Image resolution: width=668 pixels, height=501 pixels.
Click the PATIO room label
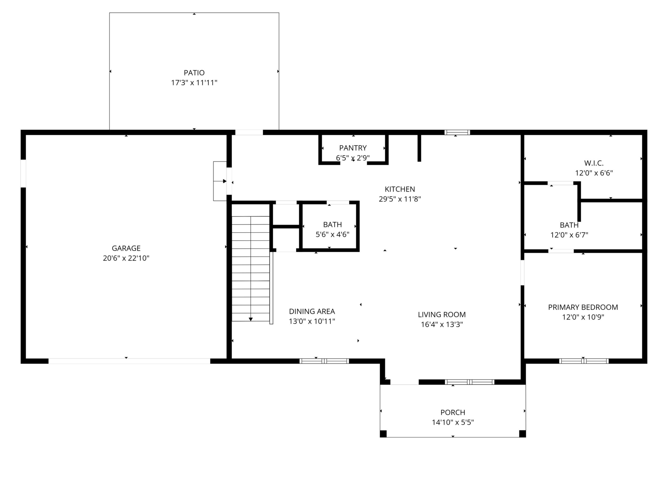(x=194, y=73)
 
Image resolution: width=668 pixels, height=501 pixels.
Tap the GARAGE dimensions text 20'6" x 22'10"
(x=126, y=258)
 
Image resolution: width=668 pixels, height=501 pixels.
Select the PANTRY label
(x=353, y=148)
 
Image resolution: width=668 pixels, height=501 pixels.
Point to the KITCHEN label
(x=400, y=189)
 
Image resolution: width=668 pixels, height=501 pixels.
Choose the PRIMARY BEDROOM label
(x=583, y=308)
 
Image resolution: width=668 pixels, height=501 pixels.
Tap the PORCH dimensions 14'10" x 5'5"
(x=453, y=422)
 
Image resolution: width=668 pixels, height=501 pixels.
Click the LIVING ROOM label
(x=442, y=315)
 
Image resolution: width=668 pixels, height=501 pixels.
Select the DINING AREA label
(x=312, y=311)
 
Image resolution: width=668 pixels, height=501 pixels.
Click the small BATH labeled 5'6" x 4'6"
(x=332, y=225)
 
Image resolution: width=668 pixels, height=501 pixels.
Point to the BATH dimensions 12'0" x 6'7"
(x=569, y=235)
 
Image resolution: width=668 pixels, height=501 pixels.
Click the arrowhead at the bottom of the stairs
(x=251, y=319)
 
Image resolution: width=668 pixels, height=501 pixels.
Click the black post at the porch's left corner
(x=383, y=434)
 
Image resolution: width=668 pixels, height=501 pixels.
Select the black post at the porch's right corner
(x=522, y=434)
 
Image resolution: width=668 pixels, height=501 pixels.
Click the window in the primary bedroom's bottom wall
(x=584, y=361)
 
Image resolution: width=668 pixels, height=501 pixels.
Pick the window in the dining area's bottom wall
(x=324, y=361)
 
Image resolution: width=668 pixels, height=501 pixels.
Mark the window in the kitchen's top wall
(x=457, y=132)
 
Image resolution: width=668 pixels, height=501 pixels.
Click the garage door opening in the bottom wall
(x=129, y=361)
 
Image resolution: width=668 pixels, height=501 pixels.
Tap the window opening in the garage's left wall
(x=23, y=173)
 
